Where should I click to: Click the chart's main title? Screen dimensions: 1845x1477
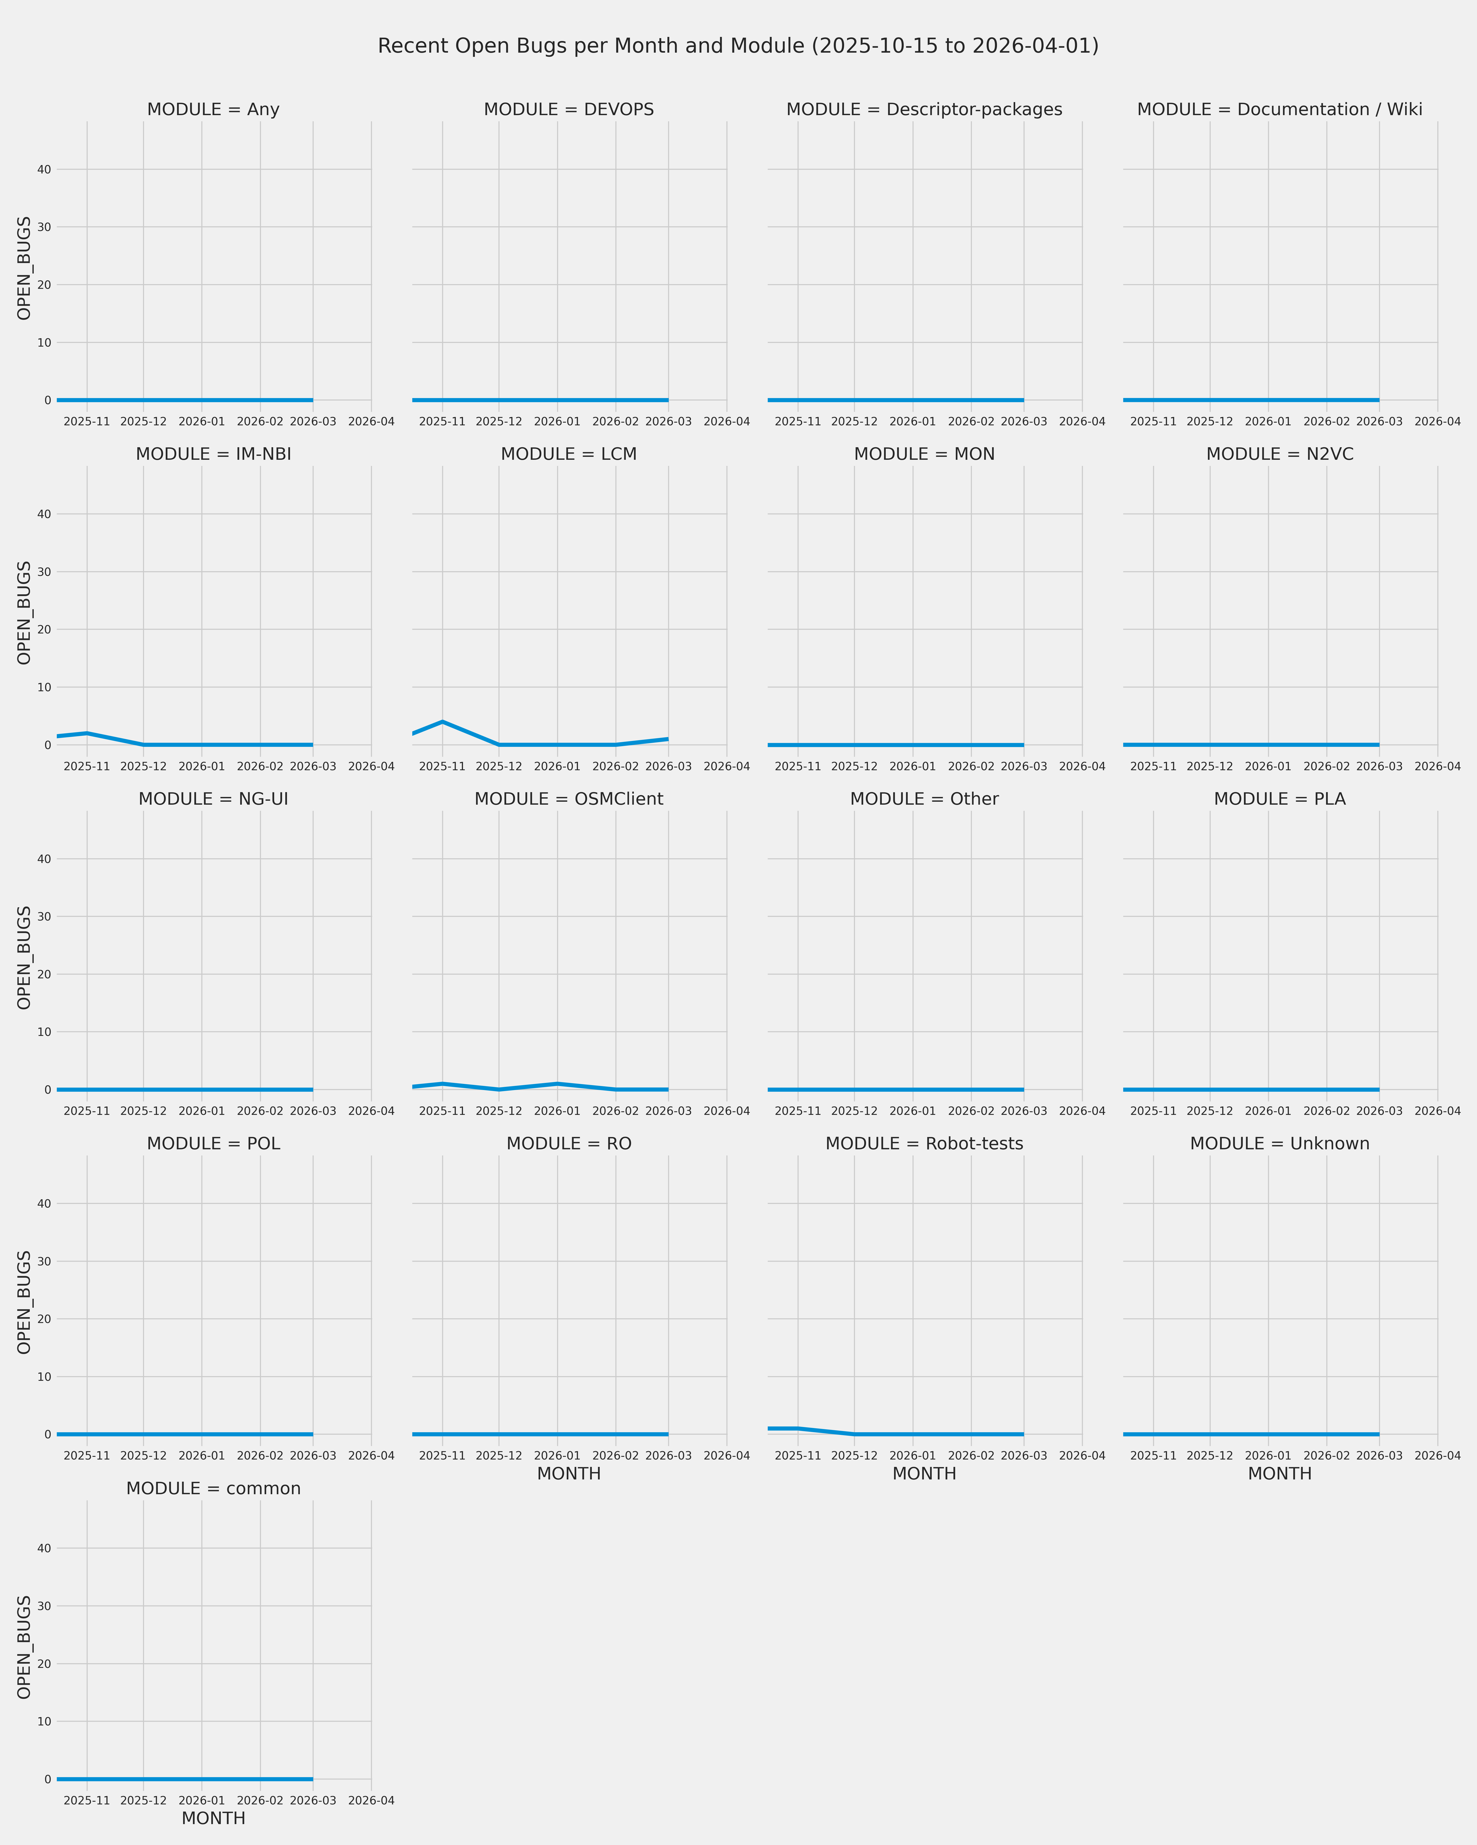(x=738, y=46)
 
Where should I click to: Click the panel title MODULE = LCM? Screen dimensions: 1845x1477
(x=569, y=454)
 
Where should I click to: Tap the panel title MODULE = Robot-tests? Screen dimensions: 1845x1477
(x=924, y=1144)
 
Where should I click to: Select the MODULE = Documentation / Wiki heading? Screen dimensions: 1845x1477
(x=1279, y=109)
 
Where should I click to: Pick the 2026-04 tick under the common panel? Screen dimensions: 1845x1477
(x=371, y=1800)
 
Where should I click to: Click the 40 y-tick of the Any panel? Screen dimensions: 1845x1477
(x=44, y=169)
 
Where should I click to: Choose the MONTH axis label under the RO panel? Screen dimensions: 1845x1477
(x=569, y=1474)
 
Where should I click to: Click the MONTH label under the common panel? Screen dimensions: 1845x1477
(x=213, y=1818)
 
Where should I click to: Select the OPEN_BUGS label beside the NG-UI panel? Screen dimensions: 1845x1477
(x=24, y=958)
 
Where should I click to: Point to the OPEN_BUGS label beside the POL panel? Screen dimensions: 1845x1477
(x=24, y=1303)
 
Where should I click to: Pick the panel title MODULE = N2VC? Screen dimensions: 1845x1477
(x=1279, y=454)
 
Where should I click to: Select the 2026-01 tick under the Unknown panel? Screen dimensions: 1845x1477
(x=1268, y=1456)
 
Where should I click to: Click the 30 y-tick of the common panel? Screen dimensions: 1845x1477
(x=44, y=1606)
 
